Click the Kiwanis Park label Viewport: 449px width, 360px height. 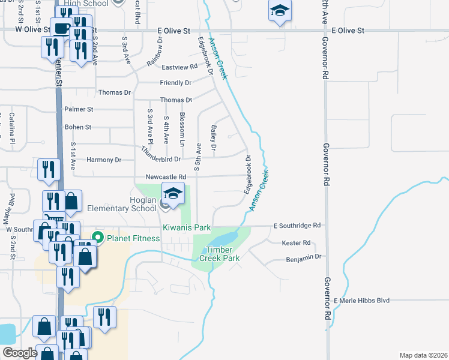pyautogui.click(x=187, y=228)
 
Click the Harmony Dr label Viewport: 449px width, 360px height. pyautogui.click(x=104, y=160)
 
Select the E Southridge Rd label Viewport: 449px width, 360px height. pyautogui.click(x=297, y=226)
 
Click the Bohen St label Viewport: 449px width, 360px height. pyautogui.click(x=78, y=127)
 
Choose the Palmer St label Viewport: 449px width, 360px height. pyautogui.click(x=79, y=110)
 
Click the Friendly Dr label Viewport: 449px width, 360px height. pyautogui.click(x=175, y=83)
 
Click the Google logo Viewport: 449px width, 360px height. pyautogui.click(x=20, y=353)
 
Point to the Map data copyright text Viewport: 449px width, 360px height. pyautogui.click(x=423, y=355)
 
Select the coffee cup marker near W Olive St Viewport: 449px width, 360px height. pyautogui.click(x=61, y=28)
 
